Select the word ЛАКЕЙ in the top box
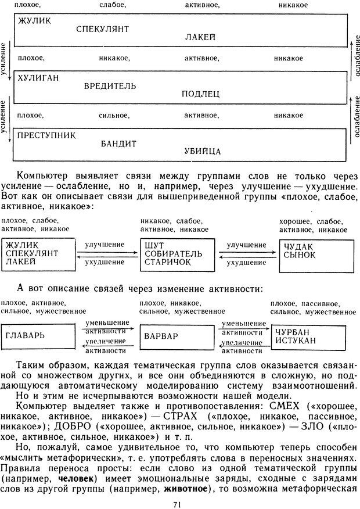click(x=200, y=37)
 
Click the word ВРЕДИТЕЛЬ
click(x=110, y=86)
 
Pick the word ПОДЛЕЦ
click(x=200, y=94)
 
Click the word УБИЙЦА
click(x=203, y=152)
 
